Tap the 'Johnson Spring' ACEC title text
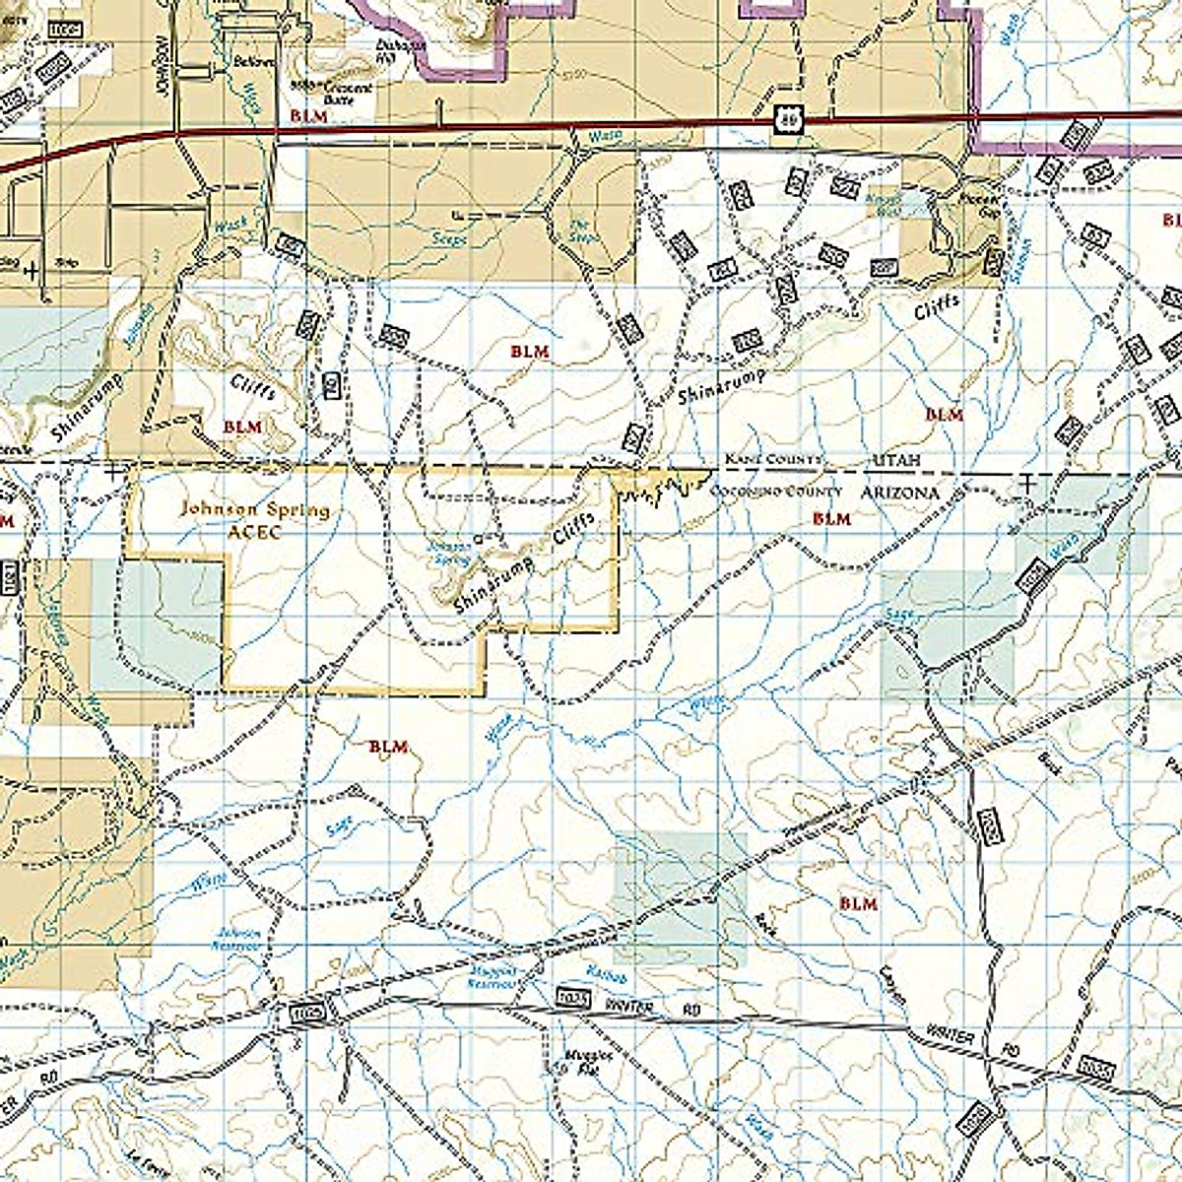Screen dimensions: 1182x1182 point(254,510)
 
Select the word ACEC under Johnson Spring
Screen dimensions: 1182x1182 point(254,533)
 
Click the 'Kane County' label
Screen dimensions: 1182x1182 point(773,460)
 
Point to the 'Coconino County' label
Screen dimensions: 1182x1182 point(777,491)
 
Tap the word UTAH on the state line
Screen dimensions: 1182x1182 point(893,461)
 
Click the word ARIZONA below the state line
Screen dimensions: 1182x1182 point(900,491)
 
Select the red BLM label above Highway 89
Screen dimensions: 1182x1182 point(308,115)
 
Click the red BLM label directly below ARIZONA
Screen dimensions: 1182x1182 point(831,518)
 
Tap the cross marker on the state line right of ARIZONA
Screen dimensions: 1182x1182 point(1027,483)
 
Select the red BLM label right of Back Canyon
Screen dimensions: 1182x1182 point(858,902)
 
